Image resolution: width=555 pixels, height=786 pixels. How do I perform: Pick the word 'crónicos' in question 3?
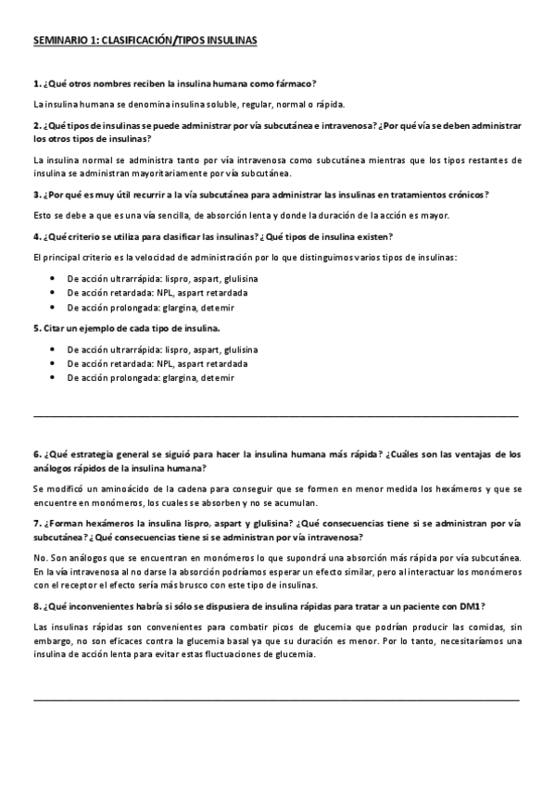click(x=465, y=194)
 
